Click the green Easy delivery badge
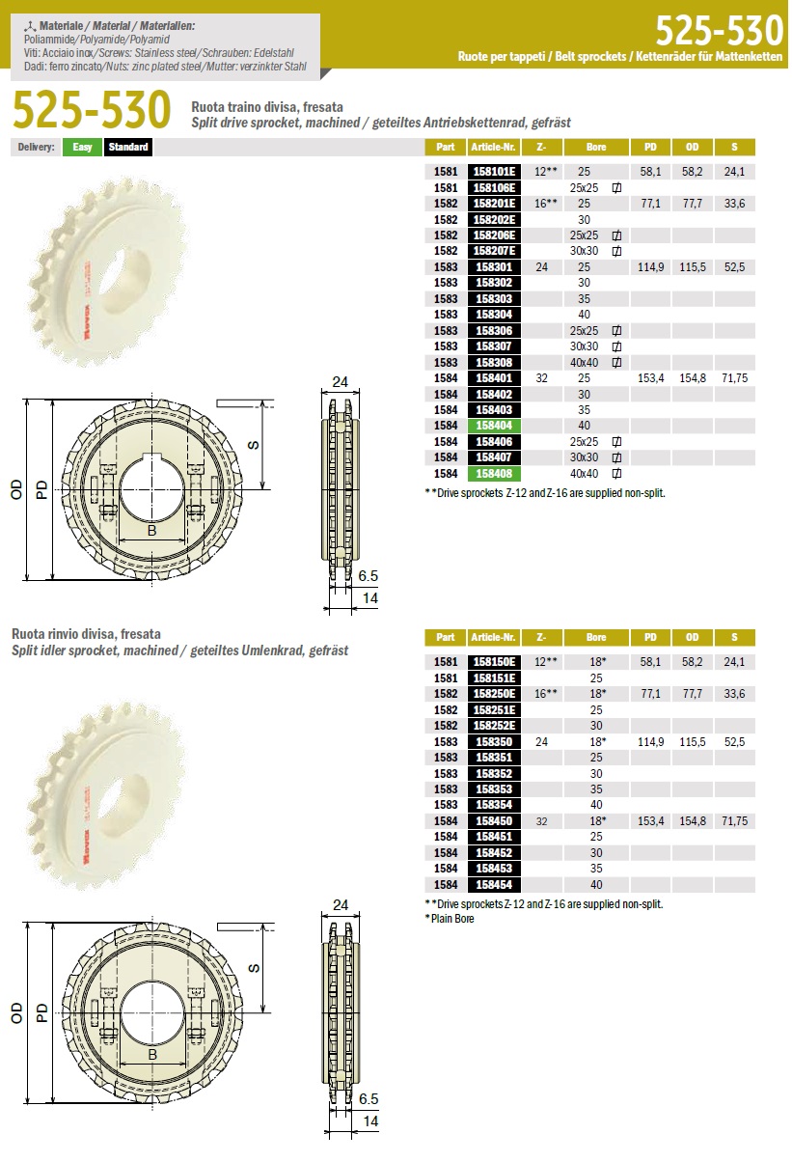tap(82, 148)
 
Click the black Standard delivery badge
tap(128, 148)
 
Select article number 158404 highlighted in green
tap(494, 426)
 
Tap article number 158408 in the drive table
tap(494, 474)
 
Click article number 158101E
tap(494, 172)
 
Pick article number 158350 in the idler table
tap(494, 742)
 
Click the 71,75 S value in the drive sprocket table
tap(734, 378)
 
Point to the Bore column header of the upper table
tap(596, 148)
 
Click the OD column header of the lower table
tap(693, 638)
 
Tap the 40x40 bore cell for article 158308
tap(584, 363)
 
